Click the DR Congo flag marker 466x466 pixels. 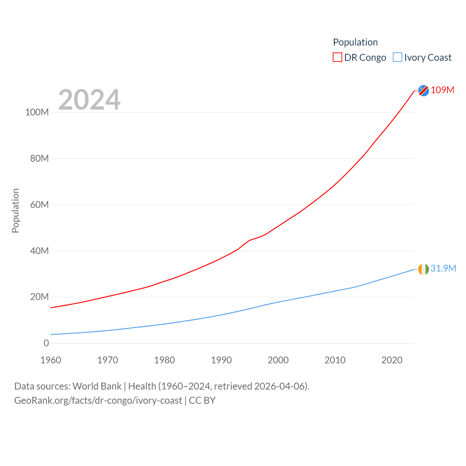(x=423, y=91)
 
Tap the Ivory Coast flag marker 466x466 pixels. (x=423, y=269)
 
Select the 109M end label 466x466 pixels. (x=442, y=90)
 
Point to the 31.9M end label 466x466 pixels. (x=443, y=268)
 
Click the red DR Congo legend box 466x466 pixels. (x=337, y=58)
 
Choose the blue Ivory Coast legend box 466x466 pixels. (x=398, y=58)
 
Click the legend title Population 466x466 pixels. (x=355, y=42)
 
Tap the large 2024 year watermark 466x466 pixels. (x=89, y=99)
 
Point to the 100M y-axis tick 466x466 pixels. (x=37, y=112)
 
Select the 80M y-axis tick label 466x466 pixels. (x=39, y=158)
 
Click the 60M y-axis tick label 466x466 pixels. (x=39, y=205)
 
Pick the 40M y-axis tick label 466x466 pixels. (x=39, y=251)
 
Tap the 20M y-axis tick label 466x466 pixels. (x=39, y=297)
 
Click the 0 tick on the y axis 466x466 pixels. (x=46, y=343)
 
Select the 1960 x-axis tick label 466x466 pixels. (x=51, y=360)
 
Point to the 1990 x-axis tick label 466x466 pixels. (x=221, y=360)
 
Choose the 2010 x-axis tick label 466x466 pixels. (x=335, y=360)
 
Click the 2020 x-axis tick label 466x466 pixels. (x=392, y=360)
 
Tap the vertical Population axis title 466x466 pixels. (x=15, y=210)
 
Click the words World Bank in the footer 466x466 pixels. (x=97, y=386)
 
